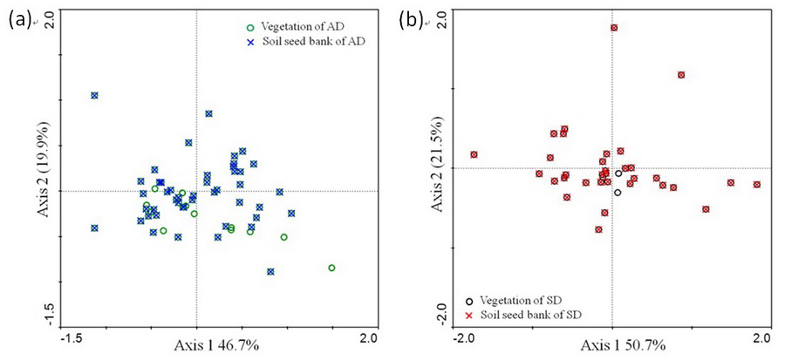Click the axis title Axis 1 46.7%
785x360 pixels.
(x=217, y=346)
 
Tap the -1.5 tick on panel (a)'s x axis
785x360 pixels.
(x=73, y=337)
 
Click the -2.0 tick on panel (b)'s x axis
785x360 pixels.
(x=463, y=337)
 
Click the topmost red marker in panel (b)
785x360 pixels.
(x=614, y=28)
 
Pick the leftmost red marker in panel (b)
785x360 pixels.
(x=474, y=155)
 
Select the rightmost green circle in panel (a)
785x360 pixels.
(x=331, y=268)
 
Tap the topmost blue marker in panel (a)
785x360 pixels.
(x=94, y=95)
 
